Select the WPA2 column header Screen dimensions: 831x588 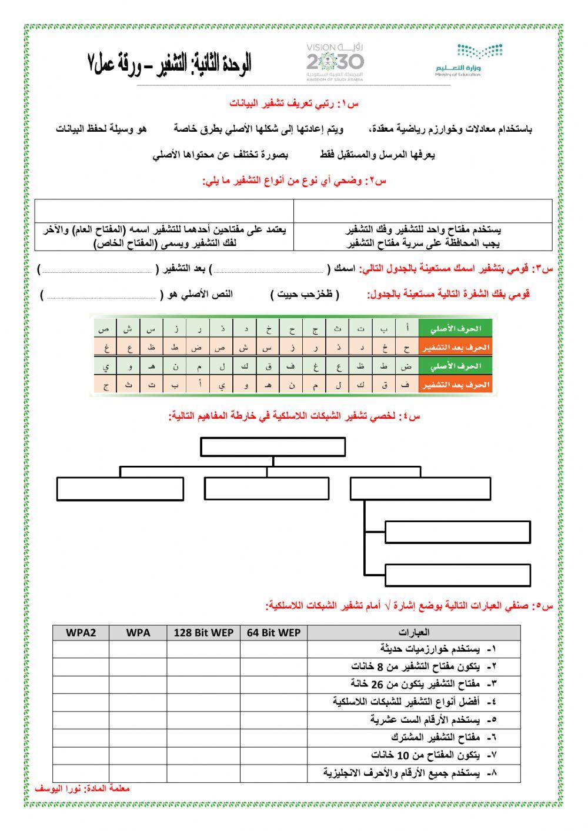81,633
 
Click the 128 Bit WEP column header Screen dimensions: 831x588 203,633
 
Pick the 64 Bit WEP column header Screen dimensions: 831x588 273,633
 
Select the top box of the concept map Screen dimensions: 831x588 273,446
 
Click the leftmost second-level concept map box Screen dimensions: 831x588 120,489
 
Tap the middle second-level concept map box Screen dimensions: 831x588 266,489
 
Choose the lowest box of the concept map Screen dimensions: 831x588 457,575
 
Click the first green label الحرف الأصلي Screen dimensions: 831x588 455,328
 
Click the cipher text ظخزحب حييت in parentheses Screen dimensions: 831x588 305,294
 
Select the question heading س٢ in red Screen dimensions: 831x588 295,181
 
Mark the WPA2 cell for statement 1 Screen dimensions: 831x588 81,649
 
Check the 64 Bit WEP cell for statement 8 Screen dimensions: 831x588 273,773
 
